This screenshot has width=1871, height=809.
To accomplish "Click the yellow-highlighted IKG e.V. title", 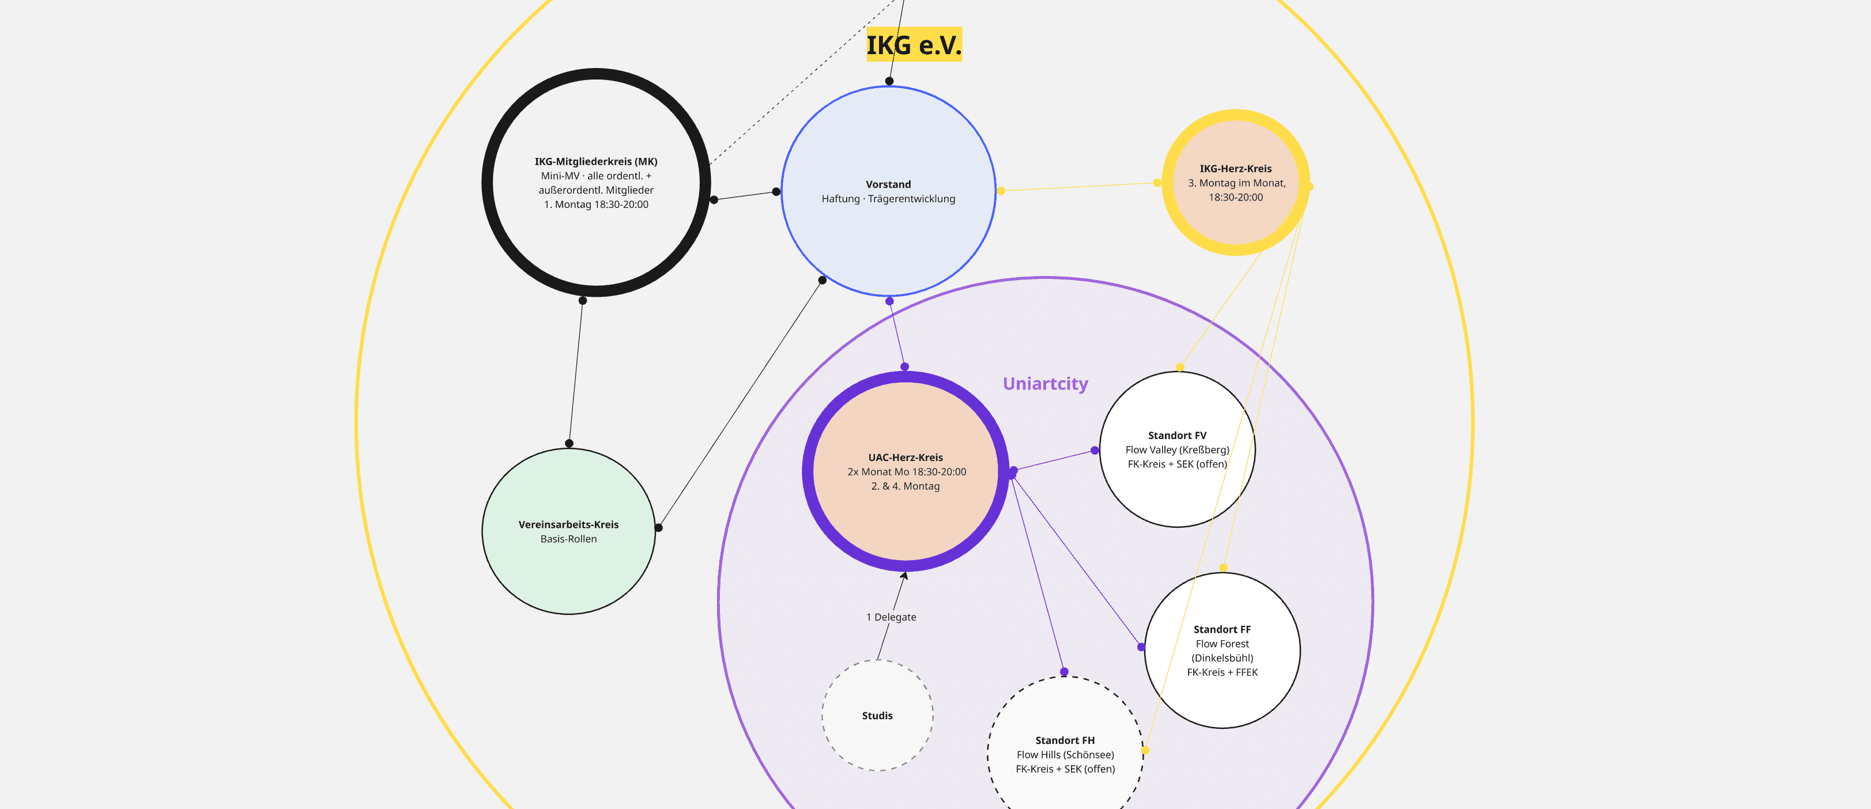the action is [x=914, y=45].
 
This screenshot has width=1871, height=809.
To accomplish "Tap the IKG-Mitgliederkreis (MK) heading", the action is [x=595, y=161].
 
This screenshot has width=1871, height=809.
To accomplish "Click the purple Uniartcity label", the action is [x=1045, y=383].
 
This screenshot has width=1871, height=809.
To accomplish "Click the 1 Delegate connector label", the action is [x=891, y=617].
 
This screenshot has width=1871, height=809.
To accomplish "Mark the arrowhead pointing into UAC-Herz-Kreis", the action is [x=905, y=575].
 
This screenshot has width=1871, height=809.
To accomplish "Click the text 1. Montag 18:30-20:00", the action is [x=597, y=204].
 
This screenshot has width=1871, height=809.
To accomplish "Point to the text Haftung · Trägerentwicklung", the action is [x=888, y=198].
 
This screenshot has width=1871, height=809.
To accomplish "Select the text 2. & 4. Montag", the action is [x=906, y=486].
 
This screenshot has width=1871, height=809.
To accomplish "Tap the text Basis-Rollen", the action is [x=569, y=539].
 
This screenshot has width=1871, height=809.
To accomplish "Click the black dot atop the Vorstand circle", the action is [x=889, y=81].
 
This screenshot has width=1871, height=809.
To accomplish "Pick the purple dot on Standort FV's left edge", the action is [x=1095, y=450].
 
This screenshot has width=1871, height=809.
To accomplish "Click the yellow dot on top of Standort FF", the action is [x=1223, y=567].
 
